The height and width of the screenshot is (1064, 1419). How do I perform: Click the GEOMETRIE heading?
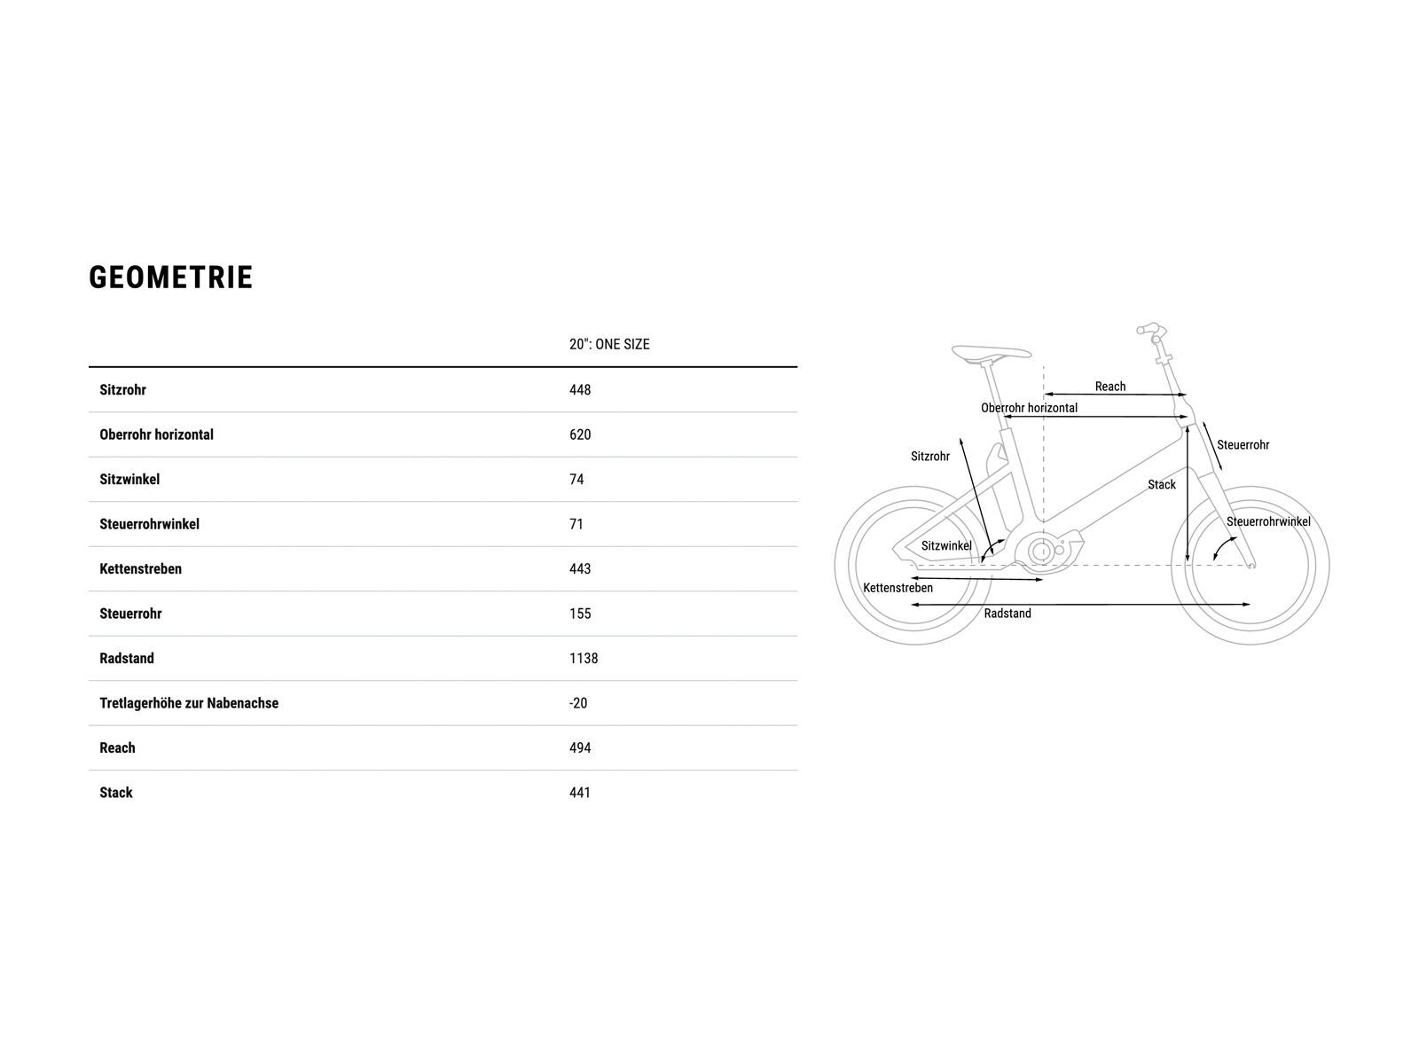click(x=171, y=278)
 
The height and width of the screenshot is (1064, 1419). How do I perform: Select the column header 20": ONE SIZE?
click(x=609, y=344)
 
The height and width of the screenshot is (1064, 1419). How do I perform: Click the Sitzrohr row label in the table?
click(x=122, y=390)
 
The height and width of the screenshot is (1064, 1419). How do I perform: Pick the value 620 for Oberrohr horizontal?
click(x=580, y=434)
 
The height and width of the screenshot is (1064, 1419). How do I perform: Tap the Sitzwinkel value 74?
click(x=576, y=480)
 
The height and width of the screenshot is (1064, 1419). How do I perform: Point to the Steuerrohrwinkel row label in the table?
click(x=149, y=524)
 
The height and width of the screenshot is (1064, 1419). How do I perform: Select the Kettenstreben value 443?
click(x=580, y=569)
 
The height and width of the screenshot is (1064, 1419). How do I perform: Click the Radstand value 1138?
click(x=584, y=659)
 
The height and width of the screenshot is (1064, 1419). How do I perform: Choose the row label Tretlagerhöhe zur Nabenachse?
click(x=189, y=703)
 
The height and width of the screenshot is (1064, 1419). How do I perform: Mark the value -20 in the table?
click(x=578, y=703)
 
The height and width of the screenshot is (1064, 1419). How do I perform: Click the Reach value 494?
click(x=580, y=748)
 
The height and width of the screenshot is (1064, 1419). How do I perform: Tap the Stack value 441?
click(x=580, y=793)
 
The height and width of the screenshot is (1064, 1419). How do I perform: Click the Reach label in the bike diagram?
click(x=1109, y=387)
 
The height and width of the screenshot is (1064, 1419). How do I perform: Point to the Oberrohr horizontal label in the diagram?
click(x=1029, y=408)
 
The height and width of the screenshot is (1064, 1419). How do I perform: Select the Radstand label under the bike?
click(x=1007, y=614)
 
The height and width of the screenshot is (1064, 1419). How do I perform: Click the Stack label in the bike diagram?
click(x=1162, y=484)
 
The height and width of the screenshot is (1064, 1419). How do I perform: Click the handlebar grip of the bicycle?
click(x=1149, y=329)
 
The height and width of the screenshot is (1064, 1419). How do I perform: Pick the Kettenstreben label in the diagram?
click(x=898, y=588)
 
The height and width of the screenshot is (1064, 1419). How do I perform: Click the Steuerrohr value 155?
click(x=580, y=614)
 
